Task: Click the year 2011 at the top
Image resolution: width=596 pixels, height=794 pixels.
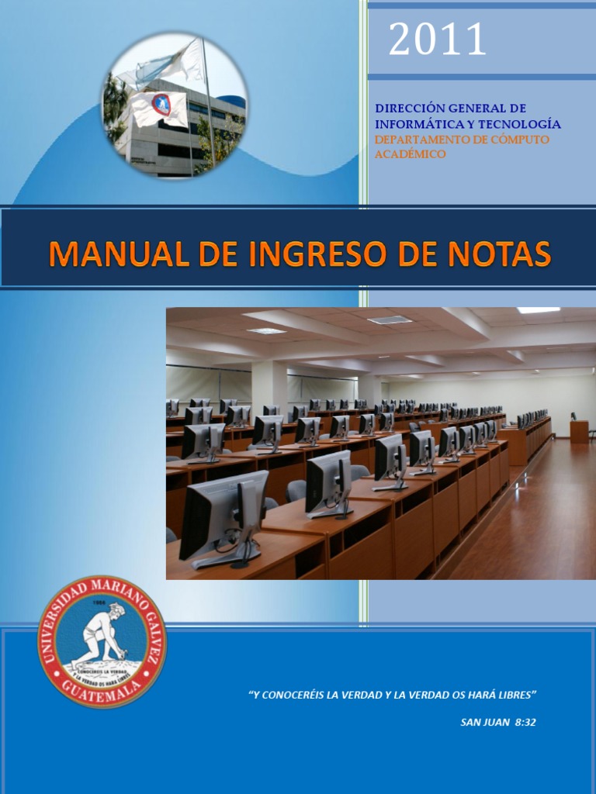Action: click(437, 40)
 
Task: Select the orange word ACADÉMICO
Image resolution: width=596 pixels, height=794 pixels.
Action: click(411, 154)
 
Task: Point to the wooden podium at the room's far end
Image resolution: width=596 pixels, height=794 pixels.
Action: click(579, 430)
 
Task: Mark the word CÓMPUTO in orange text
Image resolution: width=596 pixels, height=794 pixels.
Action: click(524, 140)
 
